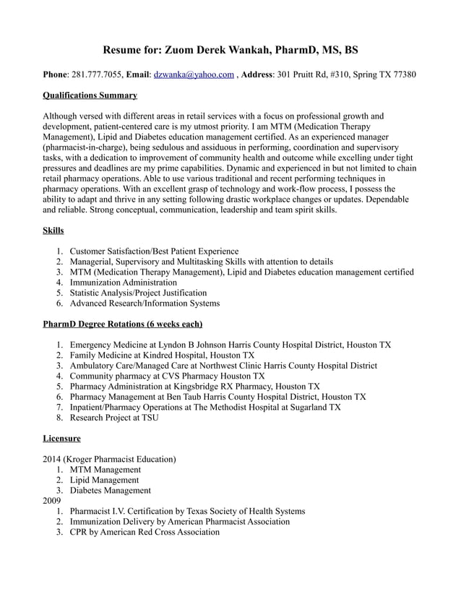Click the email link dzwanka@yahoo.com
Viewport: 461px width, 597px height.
pos(194,74)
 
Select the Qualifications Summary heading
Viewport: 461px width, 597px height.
pos(90,95)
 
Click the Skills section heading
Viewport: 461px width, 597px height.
pos(53,231)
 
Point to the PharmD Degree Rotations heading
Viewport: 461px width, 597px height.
pos(123,324)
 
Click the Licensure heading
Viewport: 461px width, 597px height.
pos(62,438)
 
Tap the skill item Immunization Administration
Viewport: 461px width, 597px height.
pos(123,283)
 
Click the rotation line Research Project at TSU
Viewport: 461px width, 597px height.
pos(114,418)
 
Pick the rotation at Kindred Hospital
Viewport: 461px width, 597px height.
pos(162,356)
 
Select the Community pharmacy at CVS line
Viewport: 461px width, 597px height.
pos(167,377)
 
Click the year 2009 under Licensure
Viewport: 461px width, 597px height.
pos(53,500)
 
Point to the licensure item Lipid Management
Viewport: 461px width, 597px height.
pos(104,480)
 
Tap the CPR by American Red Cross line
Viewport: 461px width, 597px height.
pos(145,532)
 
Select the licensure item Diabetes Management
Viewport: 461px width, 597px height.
pos(111,490)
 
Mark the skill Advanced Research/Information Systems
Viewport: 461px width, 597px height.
pos(145,304)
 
